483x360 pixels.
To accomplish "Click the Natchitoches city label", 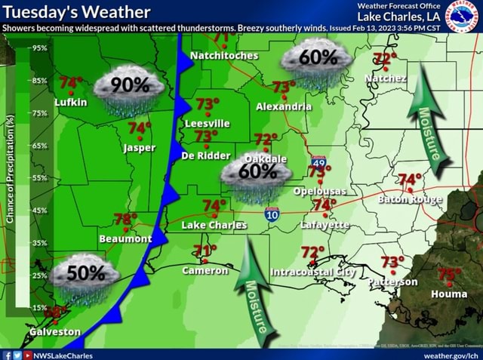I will [x=224, y=55].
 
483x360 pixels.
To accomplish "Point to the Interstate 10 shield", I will [x=272, y=215].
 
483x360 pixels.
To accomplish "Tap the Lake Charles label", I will [x=214, y=225].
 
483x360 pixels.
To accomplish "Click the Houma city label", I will [x=448, y=294].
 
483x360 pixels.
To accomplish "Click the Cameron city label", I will [x=205, y=269].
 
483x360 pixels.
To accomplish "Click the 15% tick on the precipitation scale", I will [x=40, y=307].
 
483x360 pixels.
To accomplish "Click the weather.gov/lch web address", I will [x=450, y=354].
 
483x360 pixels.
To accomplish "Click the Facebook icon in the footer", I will [x=7, y=354].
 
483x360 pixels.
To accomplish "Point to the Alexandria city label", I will [x=283, y=106].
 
